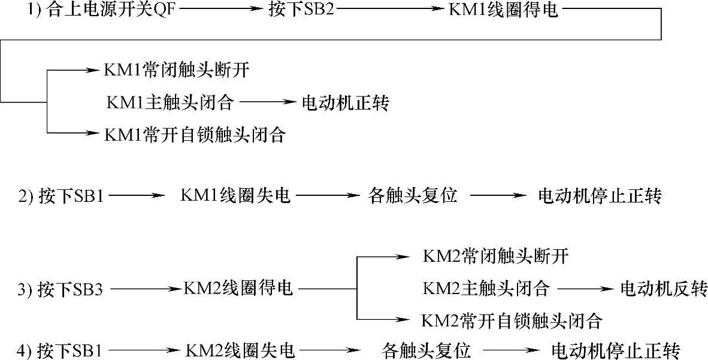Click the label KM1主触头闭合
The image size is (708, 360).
[170, 102]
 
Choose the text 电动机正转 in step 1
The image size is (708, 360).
[345, 103]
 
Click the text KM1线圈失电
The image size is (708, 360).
[235, 195]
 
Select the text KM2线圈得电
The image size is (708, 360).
[239, 289]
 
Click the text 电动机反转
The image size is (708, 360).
[662, 289]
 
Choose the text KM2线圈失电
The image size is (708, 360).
[240, 349]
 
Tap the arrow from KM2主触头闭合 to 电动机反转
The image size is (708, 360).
[584, 289]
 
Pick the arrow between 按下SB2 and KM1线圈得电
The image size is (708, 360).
[393, 10]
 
